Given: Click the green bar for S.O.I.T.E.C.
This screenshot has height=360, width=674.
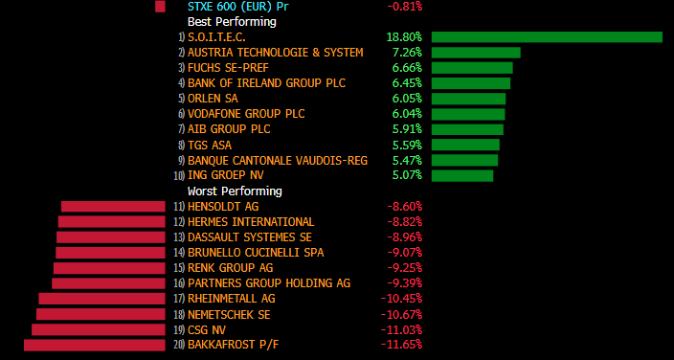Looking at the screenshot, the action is click(547, 37).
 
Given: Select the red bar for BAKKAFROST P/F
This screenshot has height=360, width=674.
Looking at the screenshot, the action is click(95, 345).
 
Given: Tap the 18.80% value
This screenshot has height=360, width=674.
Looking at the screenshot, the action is click(404, 37).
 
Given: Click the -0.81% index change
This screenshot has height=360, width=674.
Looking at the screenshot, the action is click(404, 7).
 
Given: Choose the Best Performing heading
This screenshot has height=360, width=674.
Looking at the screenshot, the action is click(232, 21).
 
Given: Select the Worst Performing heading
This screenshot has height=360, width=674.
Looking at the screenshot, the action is click(235, 191).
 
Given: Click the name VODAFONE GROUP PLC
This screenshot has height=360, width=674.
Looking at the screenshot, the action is click(246, 114).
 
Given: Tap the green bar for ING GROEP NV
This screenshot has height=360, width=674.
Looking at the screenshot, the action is click(462, 175).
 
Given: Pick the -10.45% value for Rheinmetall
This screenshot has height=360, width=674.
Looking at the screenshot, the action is click(401, 299).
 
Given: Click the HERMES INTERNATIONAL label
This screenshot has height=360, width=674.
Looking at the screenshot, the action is click(251, 222).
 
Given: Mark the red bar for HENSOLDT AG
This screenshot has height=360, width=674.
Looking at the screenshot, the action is click(113, 207).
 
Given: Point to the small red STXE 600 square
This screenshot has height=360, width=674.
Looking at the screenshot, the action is click(160, 7).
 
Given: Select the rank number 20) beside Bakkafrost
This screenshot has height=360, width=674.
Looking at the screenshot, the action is click(180, 345).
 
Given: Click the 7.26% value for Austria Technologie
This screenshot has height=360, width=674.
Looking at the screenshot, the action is click(407, 53).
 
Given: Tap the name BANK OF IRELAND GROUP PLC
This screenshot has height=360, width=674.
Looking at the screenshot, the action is click(266, 83).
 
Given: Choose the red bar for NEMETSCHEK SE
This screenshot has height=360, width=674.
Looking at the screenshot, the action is click(101, 314).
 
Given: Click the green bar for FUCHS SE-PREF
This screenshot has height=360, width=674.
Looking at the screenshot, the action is click(472, 68).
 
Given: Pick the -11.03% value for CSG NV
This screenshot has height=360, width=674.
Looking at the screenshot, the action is click(401, 330).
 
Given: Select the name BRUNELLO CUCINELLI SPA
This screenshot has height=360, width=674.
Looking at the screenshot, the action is click(256, 253).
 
